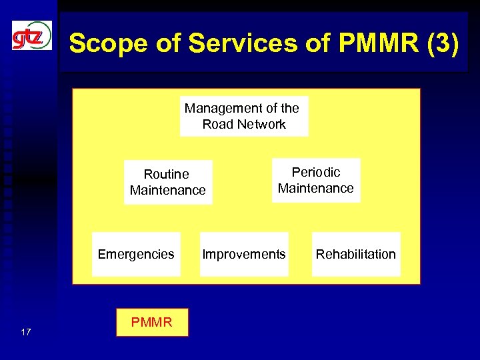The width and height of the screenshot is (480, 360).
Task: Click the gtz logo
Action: click(31, 35)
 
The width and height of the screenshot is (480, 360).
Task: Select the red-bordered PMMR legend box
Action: click(152, 323)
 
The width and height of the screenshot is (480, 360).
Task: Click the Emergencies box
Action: click(136, 254)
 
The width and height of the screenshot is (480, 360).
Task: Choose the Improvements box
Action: click(244, 254)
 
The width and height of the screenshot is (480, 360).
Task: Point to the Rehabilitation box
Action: click(355, 254)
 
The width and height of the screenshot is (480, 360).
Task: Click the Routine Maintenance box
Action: click(168, 182)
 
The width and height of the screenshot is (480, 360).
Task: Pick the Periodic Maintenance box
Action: click(316, 180)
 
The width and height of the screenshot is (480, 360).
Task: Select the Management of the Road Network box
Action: click(244, 116)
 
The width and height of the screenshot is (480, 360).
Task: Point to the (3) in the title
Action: click(442, 44)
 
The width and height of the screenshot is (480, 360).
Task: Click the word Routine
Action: click(167, 174)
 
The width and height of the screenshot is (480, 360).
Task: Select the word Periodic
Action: click(316, 172)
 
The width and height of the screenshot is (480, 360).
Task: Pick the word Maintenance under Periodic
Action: click(316, 188)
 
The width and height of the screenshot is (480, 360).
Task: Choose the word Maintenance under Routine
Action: click(168, 190)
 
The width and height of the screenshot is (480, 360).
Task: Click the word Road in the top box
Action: click(217, 124)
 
